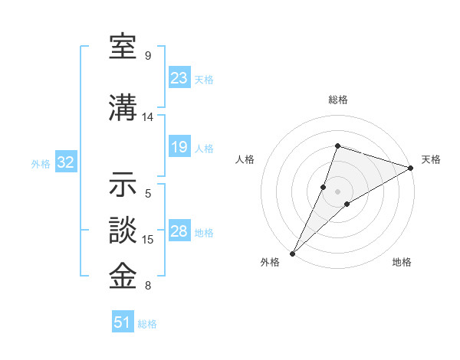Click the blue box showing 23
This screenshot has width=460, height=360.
pyautogui.click(x=179, y=77)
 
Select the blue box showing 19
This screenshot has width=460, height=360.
pyautogui.click(x=179, y=147)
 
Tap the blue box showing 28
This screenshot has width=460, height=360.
pyautogui.click(x=179, y=231)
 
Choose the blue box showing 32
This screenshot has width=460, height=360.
pyautogui.click(x=66, y=162)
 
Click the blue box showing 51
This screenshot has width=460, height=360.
pyautogui.click(x=123, y=322)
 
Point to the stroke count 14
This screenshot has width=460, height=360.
pyautogui.click(x=147, y=117)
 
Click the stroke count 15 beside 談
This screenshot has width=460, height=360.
pyautogui.click(x=148, y=240)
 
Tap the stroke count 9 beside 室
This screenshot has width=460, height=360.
pyautogui.click(x=147, y=56)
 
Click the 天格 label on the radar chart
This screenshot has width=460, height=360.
pyautogui.click(x=431, y=159)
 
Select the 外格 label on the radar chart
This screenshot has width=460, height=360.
pyautogui.click(x=270, y=262)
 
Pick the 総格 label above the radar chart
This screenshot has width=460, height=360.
pyautogui.click(x=337, y=100)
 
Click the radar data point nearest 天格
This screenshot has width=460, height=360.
pyautogui.click(x=411, y=168)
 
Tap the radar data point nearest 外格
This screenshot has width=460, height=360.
pyautogui.click(x=292, y=253)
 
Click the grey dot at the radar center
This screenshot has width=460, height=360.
pyautogui.click(x=337, y=191)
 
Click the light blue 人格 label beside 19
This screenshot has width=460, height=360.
pyautogui.click(x=204, y=148)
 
